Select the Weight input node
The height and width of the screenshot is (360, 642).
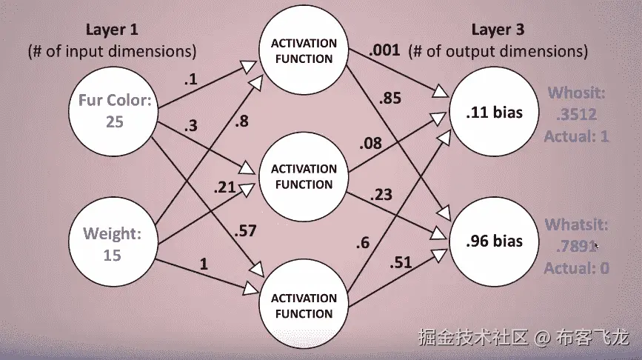113,244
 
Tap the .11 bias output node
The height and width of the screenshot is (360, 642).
495,113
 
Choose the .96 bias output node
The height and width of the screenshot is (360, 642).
495,241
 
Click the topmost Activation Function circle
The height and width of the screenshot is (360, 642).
303,51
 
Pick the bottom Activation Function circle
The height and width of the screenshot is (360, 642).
303,305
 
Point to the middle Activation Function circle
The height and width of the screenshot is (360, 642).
302,176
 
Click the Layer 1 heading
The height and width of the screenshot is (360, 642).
112,30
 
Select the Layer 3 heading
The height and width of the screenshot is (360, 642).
504,30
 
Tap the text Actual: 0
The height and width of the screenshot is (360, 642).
576,268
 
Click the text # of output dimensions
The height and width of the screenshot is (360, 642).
504,52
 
